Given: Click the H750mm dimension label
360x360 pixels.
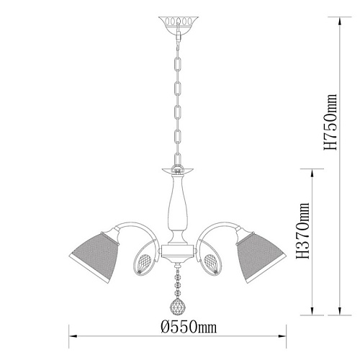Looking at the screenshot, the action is pos(330,122).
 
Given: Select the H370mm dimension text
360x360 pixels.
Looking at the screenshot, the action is pos(303,230).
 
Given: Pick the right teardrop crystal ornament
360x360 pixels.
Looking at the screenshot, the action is pos(210,264).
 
